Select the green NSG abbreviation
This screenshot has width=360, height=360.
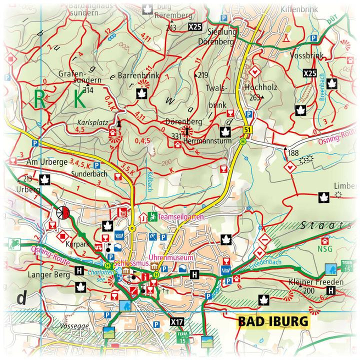(324, 248)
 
